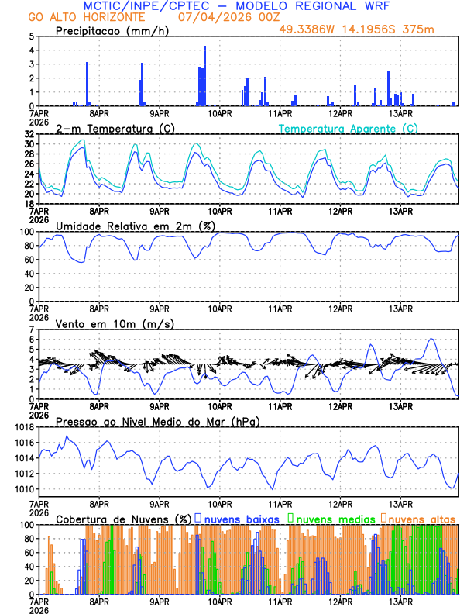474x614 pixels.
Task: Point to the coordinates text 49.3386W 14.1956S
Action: click(x=349, y=29)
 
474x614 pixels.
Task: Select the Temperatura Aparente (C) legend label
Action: click(x=348, y=128)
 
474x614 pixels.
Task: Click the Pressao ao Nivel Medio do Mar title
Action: click(x=158, y=421)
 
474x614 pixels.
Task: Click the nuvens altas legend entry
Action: click(x=421, y=518)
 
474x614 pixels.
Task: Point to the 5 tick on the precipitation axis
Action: click(x=31, y=36)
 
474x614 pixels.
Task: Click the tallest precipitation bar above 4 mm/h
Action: click(x=204, y=76)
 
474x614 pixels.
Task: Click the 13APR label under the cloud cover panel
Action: click(x=400, y=602)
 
